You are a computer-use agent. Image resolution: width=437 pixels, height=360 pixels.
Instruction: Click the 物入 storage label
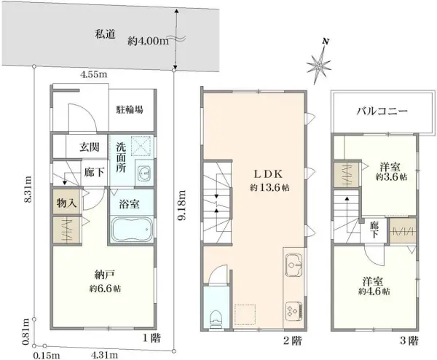tap(66, 203)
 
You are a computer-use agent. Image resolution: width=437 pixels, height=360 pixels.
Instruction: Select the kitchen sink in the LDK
tap(295, 264)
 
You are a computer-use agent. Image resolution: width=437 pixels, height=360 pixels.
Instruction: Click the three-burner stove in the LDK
tap(294, 309)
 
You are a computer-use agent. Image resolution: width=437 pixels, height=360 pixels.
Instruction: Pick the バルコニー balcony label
tap(382, 111)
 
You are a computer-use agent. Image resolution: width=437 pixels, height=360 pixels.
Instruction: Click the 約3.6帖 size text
tap(391, 176)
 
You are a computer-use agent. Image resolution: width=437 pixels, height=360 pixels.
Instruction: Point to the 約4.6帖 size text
tap(373, 291)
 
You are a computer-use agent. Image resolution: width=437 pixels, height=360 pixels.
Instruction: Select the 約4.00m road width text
tap(148, 40)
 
